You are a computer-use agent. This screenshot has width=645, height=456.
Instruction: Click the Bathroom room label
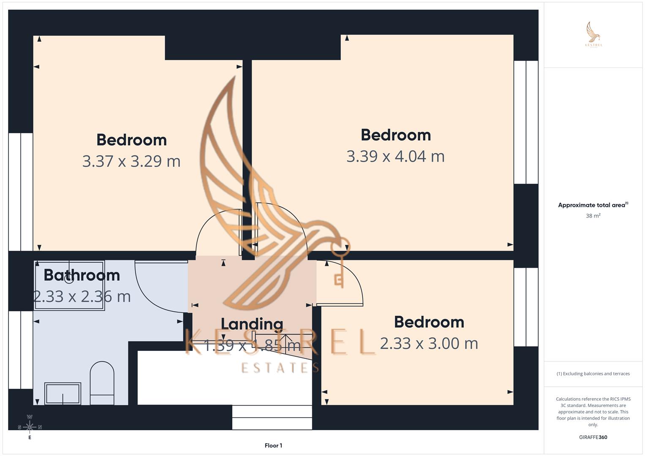[82, 275]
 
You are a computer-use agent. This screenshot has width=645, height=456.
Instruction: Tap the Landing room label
[252, 324]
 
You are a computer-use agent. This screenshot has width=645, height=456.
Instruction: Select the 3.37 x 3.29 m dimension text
[131, 161]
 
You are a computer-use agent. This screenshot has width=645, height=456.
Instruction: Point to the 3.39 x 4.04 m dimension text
[395, 156]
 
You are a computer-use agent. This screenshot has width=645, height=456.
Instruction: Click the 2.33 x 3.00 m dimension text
[429, 343]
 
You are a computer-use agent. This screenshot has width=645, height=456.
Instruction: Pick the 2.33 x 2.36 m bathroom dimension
[82, 296]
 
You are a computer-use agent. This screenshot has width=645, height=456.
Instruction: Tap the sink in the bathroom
[63, 394]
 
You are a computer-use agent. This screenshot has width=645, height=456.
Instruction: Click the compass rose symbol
[30, 427]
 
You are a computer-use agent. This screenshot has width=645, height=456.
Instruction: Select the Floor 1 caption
[273, 445]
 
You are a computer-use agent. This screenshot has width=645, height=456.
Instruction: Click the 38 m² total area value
[593, 216]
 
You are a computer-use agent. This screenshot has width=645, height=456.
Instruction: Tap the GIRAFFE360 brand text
[593, 437]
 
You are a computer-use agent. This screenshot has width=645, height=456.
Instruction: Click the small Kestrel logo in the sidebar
[593, 35]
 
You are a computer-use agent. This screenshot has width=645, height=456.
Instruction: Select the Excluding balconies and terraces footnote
[593, 374]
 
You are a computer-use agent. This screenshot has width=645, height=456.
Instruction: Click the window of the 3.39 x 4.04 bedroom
[526, 122]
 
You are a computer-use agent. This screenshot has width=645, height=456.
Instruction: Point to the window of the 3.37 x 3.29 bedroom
[21, 192]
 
